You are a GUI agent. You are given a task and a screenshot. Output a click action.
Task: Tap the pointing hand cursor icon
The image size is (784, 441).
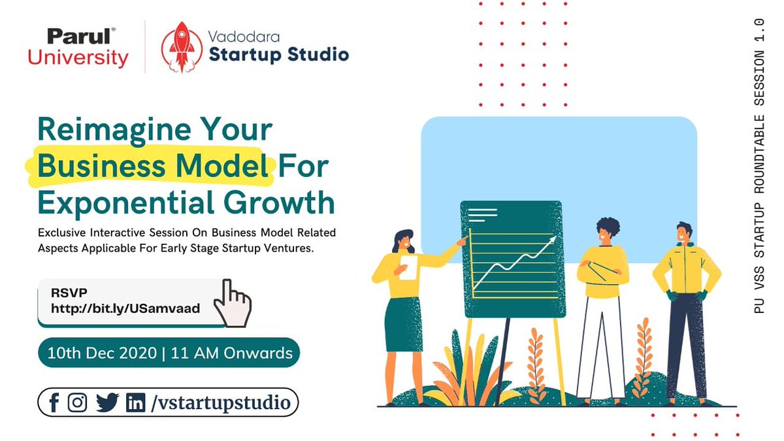(x=232, y=302)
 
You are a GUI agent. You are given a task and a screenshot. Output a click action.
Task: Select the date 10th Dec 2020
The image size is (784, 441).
(x=101, y=353)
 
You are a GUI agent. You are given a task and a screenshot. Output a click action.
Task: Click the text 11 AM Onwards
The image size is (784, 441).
(x=231, y=353)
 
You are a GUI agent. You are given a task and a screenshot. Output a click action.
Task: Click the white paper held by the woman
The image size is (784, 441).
(x=408, y=267)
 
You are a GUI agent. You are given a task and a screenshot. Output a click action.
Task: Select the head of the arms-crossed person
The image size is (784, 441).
(x=608, y=230)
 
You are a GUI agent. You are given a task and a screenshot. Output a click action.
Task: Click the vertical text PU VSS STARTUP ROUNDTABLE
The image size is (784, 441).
(x=759, y=196)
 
